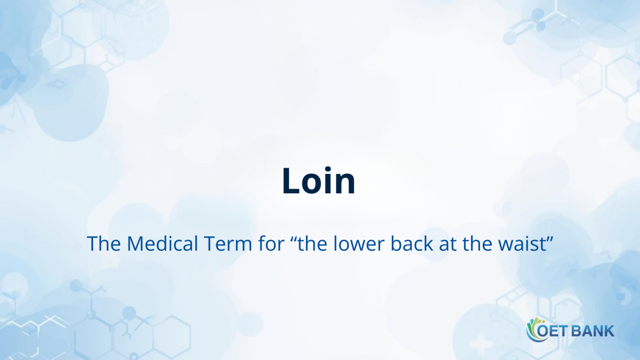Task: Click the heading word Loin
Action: (x=319, y=181)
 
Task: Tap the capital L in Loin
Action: (x=291, y=181)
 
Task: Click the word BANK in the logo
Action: (x=593, y=331)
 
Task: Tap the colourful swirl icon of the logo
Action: (x=532, y=330)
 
